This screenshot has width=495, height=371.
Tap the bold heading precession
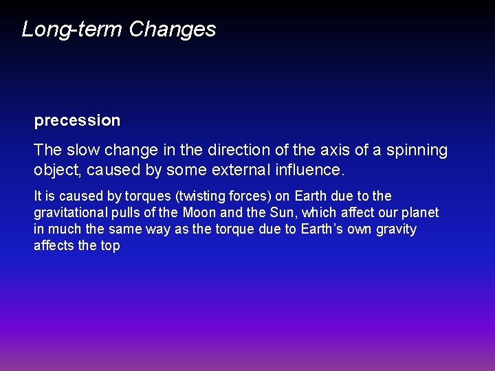77,121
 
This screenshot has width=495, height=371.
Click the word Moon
199,212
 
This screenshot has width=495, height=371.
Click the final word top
110,245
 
